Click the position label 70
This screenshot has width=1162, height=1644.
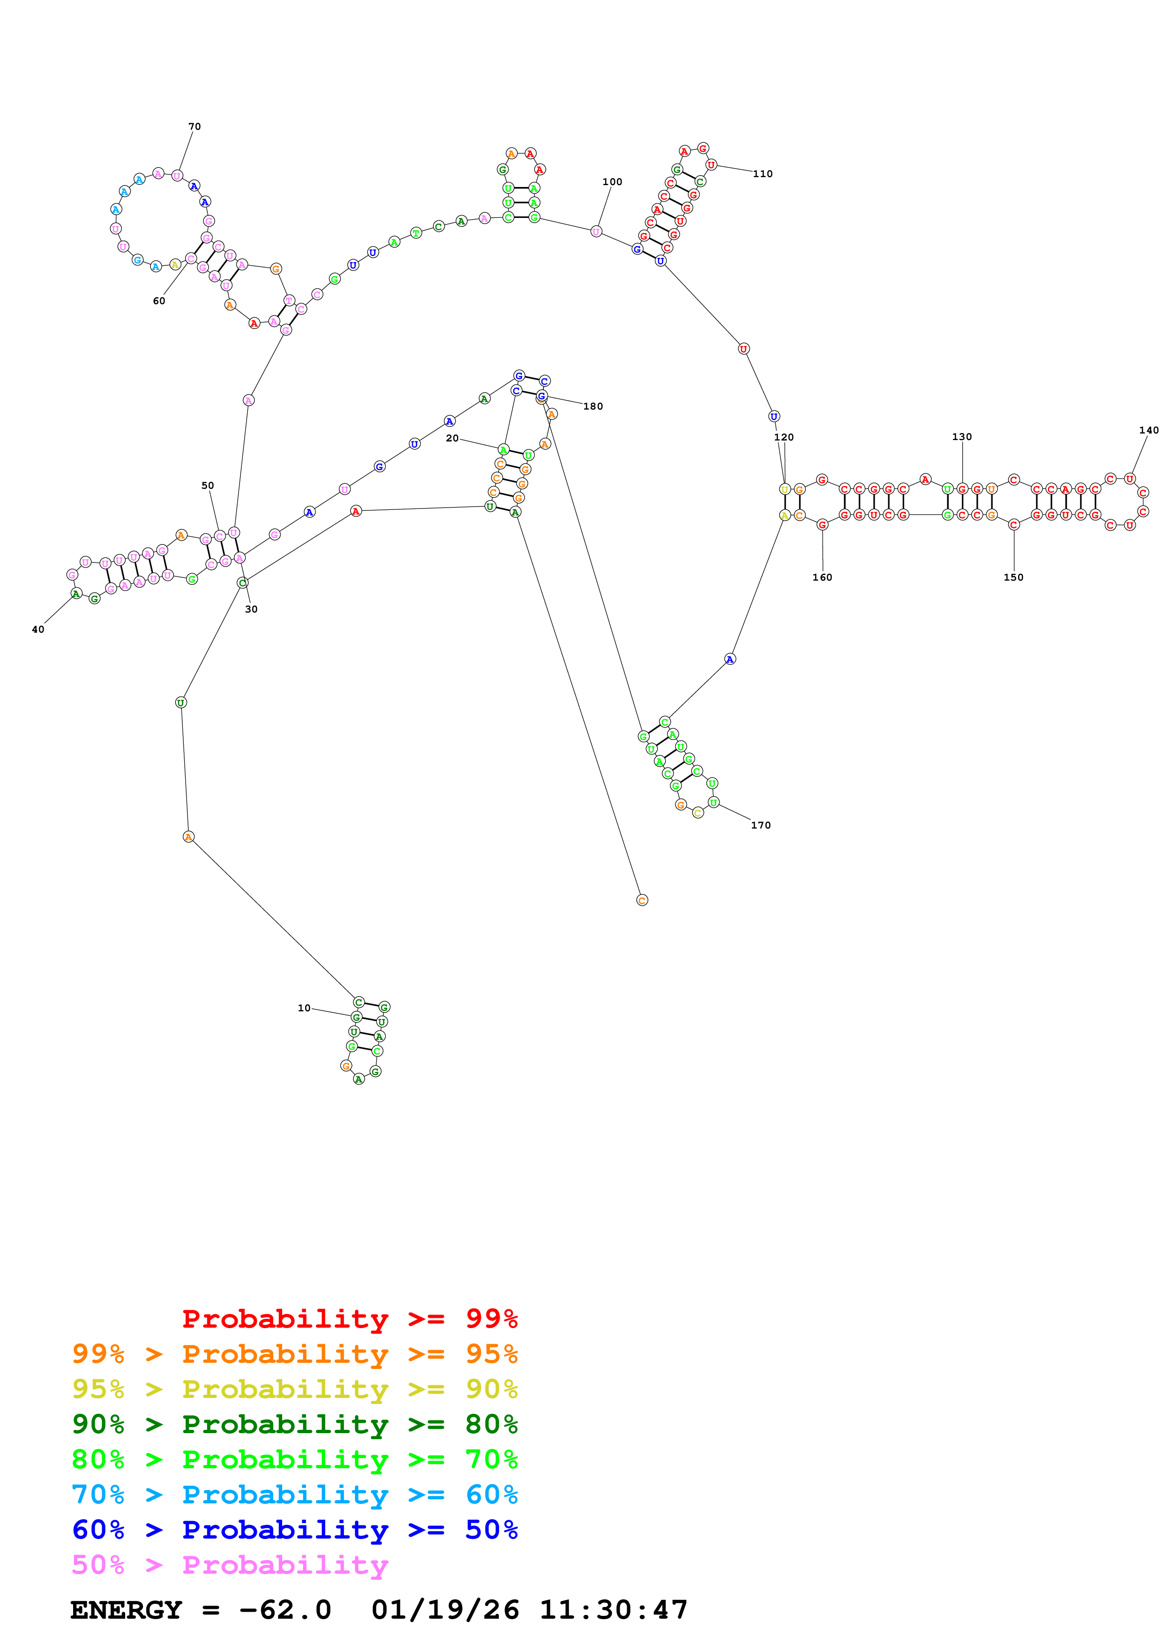point(194,127)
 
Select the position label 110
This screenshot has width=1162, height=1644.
point(763,174)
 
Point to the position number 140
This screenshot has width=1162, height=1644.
point(1148,430)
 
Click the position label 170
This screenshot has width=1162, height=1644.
point(760,826)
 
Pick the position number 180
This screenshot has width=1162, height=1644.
point(593,407)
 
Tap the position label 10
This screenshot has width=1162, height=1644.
point(304,1008)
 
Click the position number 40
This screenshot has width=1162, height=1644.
point(38,630)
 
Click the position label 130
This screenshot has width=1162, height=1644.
point(961,437)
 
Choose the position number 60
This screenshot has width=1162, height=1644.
point(159,301)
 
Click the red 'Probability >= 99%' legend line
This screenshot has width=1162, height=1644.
point(349,1319)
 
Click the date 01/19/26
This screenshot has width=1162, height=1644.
point(445,1610)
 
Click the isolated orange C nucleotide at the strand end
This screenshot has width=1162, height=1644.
point(642,900)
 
